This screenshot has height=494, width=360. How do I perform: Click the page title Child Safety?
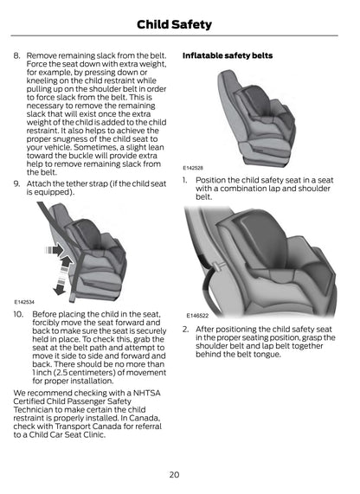click(x=174, y=24)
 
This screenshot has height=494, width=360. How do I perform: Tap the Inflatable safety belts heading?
click(x=228, y=55)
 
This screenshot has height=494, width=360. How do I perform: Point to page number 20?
click(x=174, y=474)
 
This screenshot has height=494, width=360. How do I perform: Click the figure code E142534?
click(x=24, y=302)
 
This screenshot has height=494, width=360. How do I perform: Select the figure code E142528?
click(x=193, y=168)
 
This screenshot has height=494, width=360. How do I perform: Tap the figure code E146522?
click(x=197, y=316)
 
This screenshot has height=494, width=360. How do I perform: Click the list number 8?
click(x=16, y=55)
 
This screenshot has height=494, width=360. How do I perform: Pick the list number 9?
click(x=16, y=183)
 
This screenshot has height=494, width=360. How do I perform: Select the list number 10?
click(x=18, y=314)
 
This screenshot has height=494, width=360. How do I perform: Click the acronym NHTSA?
click(x=146, y=393)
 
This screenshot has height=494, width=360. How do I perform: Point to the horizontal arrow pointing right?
click(x=55, y=251)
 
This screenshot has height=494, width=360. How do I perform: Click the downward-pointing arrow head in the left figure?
click(x=60, y=290)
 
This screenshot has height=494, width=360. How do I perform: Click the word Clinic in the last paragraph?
click(x=95, y=435)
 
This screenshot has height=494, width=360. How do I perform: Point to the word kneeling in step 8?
click(x=41, y=80)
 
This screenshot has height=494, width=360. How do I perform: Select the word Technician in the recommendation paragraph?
click(x=33, y=409)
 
